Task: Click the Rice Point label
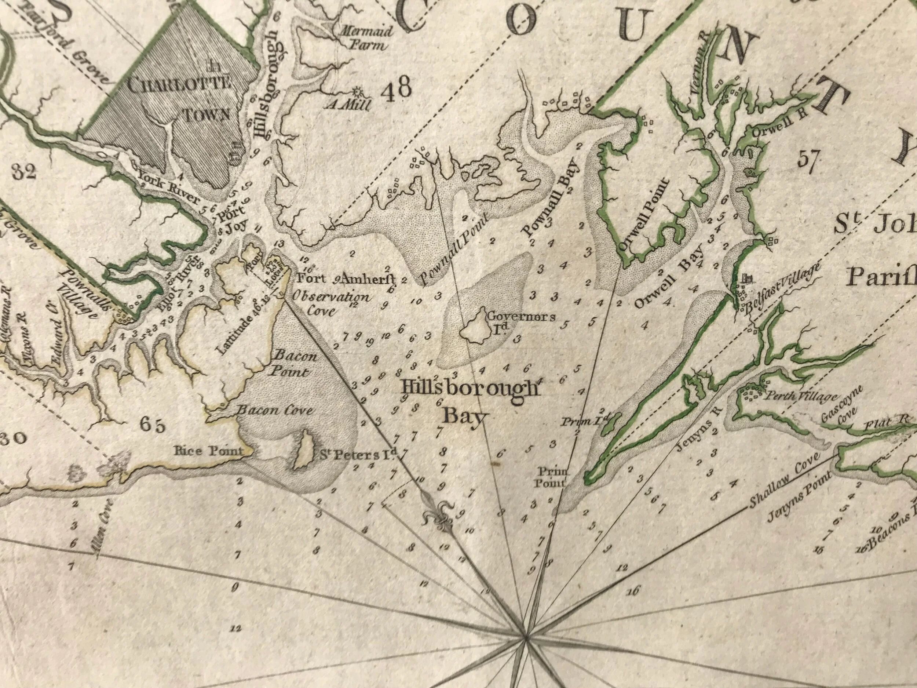[x=207, y=451]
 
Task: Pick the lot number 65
[x=153, y=425]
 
